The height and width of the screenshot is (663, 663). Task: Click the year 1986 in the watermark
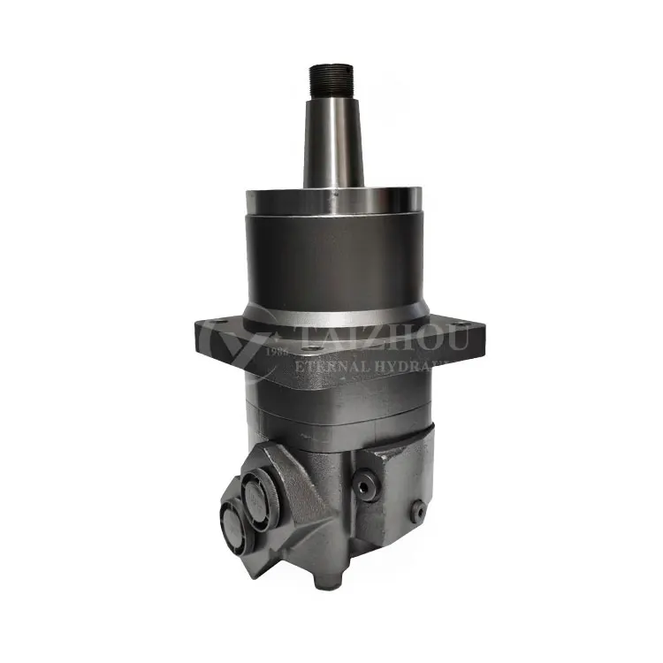click(x=278, y=351)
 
